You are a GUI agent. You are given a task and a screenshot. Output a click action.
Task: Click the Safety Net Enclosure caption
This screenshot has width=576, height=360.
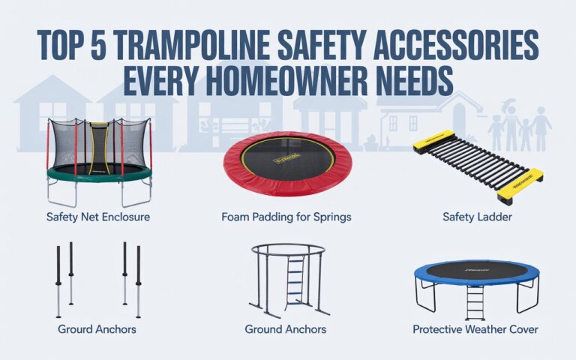[99, 218]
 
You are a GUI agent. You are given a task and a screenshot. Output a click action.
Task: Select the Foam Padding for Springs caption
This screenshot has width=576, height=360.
[286, 218]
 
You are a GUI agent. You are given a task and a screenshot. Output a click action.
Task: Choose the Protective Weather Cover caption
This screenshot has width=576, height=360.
[475, 328]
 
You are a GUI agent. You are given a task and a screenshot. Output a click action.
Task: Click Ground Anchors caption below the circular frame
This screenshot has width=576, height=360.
[286, 328]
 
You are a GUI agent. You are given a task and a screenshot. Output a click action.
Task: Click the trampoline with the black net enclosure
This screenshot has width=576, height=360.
[99, 157]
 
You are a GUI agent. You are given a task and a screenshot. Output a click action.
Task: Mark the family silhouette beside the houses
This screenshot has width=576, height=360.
[519, 129]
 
